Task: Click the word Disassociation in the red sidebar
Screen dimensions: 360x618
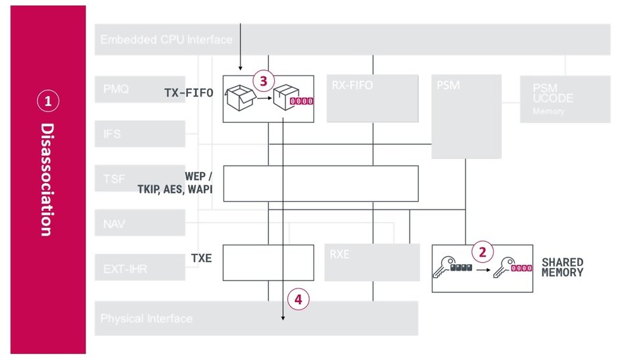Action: [x=47, y=179]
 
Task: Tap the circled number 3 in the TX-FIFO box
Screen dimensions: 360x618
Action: [x=263, y=81]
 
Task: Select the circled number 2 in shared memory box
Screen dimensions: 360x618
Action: [x=483, y=252]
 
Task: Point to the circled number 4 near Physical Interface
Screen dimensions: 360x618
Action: [x=298, y=300]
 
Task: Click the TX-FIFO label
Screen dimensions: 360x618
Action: [x=189, y=94]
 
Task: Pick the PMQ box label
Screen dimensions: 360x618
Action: [x=116, y=87]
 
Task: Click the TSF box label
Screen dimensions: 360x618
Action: [x=113, y=177]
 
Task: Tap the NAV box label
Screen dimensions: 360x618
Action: [x=113, y=224]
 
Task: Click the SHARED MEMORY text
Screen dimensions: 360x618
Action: [x=562, y=267]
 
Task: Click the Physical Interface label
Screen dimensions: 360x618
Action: [x=146, y=319]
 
